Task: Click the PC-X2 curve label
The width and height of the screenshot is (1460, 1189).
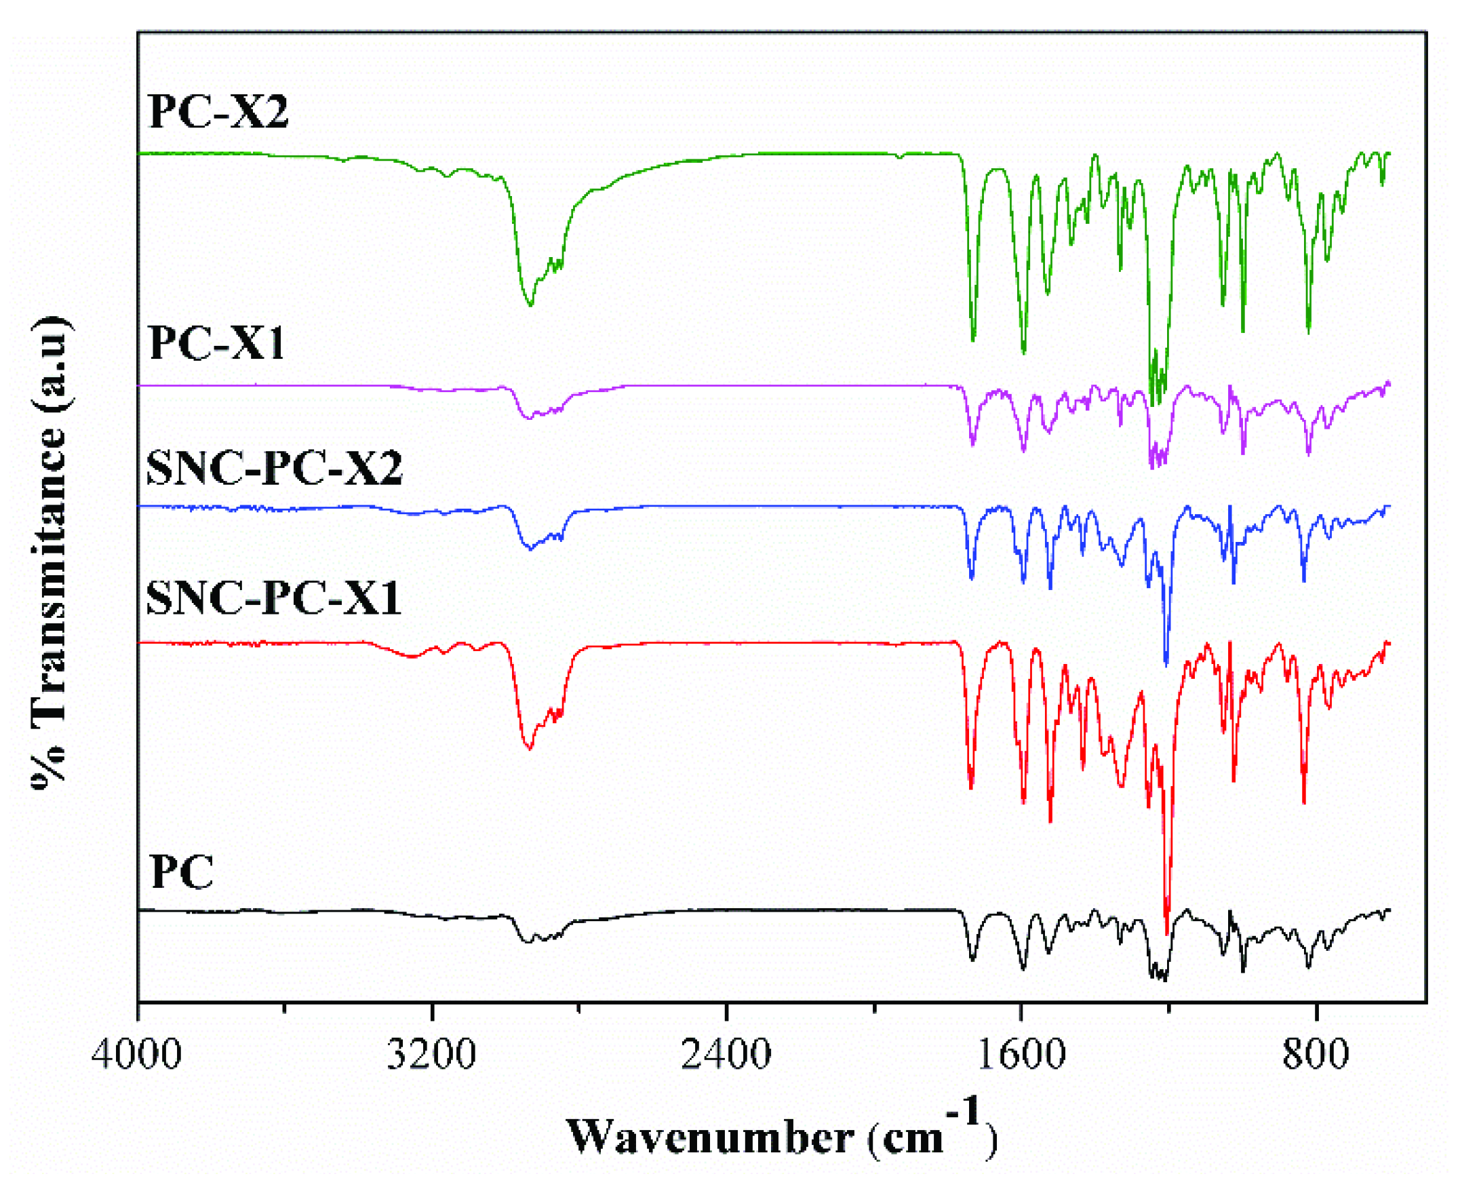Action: click(218, 111)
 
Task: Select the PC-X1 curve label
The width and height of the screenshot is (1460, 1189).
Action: click(216, 343)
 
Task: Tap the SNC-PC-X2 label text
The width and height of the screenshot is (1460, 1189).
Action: click(274, 469)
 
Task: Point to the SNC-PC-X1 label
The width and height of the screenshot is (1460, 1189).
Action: click(273, 598)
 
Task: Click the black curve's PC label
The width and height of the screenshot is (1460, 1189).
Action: click(181, 872)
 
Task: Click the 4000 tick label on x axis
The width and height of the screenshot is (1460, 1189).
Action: click(137, 1054)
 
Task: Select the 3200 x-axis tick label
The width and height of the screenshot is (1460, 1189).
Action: click(431, 1054)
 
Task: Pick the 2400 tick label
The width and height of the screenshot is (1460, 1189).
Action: click(726, 1054)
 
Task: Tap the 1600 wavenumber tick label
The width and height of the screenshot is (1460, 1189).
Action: click(1021, 1054)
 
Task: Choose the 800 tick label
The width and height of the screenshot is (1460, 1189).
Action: click(1316, 1054)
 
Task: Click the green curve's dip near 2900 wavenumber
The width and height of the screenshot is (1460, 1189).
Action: click(530, 304)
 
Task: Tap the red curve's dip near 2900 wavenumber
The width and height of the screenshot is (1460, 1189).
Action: click(528, 748)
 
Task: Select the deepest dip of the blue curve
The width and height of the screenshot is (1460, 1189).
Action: click(1166, 663)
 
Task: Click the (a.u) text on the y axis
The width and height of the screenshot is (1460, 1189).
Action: click(50, 363)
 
